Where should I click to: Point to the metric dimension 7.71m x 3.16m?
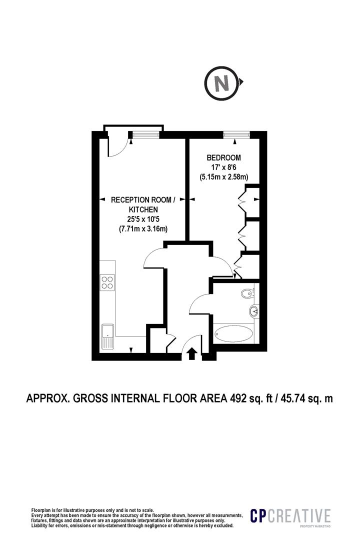tap(143, 228)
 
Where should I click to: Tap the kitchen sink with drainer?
tap(107, 336)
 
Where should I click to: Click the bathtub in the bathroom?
tap(233, 333)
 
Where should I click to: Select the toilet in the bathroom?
tap(248, 293)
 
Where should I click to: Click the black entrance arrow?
tap(191, 354)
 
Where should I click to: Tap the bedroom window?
tap(236, 134)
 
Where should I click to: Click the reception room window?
tap(145, 134)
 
